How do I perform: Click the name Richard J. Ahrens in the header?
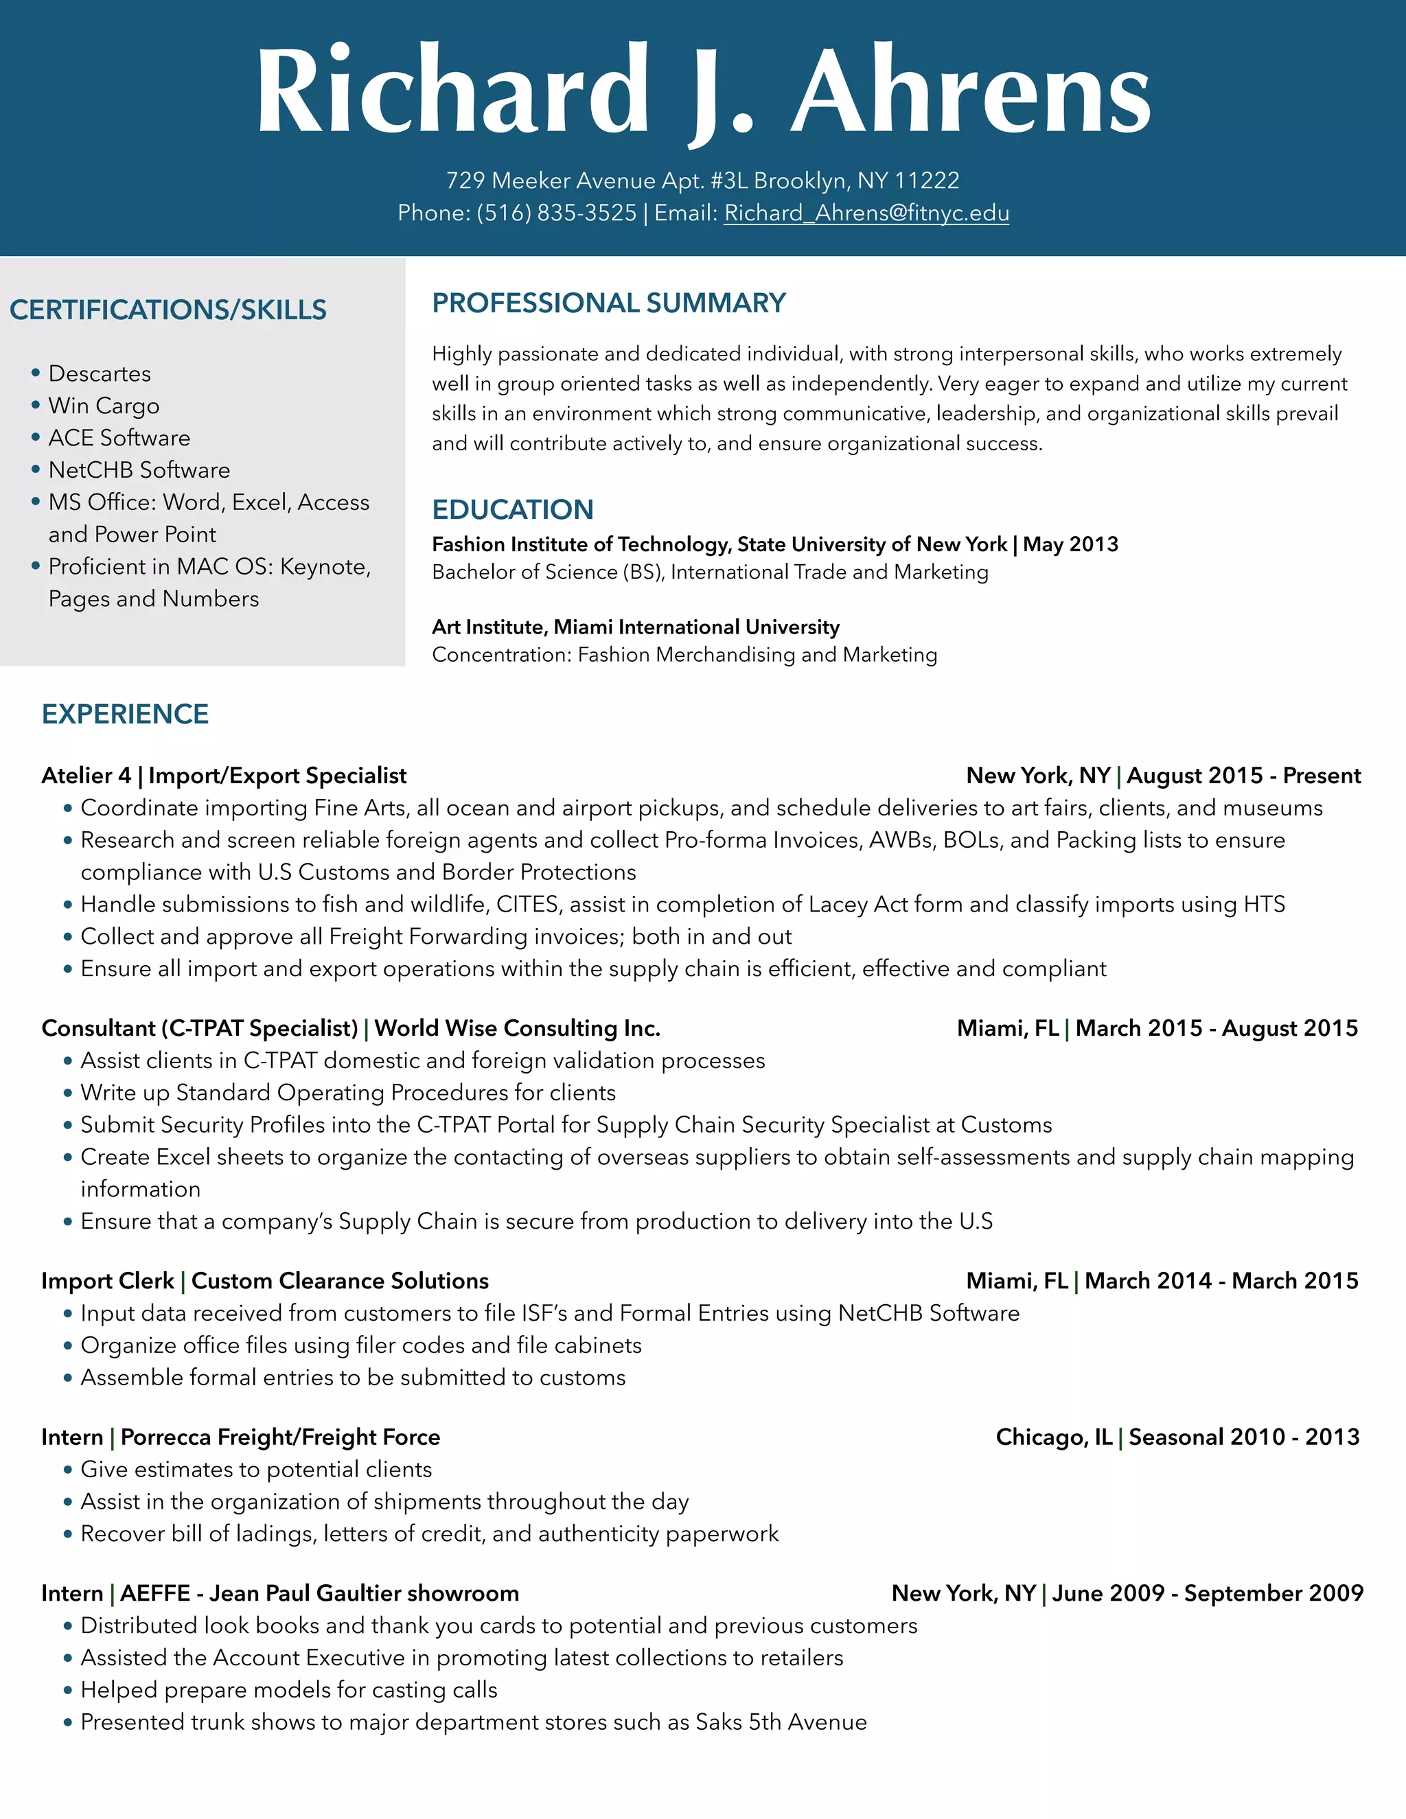703,91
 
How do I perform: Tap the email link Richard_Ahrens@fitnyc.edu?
866,213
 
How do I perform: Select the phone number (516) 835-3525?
555,213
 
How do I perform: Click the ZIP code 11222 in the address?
926,181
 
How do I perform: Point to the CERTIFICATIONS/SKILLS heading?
168,310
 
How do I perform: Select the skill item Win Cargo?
104,406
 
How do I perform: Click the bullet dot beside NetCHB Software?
36,470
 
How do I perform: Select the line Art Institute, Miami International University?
636,627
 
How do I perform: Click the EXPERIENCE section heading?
125,715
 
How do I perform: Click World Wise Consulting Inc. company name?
517,1029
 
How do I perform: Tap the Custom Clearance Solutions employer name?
340,1281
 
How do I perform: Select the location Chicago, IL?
1054,1437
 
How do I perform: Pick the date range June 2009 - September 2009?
1207,1594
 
